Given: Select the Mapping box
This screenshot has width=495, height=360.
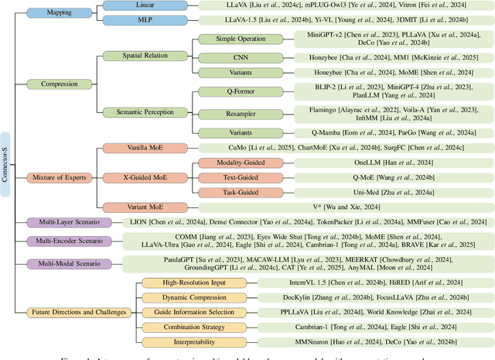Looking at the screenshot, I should pyautogui.click(x=54, y=12).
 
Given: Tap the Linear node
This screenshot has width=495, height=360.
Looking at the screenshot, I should pyautogui.click(x=142, y=5).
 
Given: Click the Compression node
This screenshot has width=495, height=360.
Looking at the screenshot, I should pyautogui.click(x=54, y=84).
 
